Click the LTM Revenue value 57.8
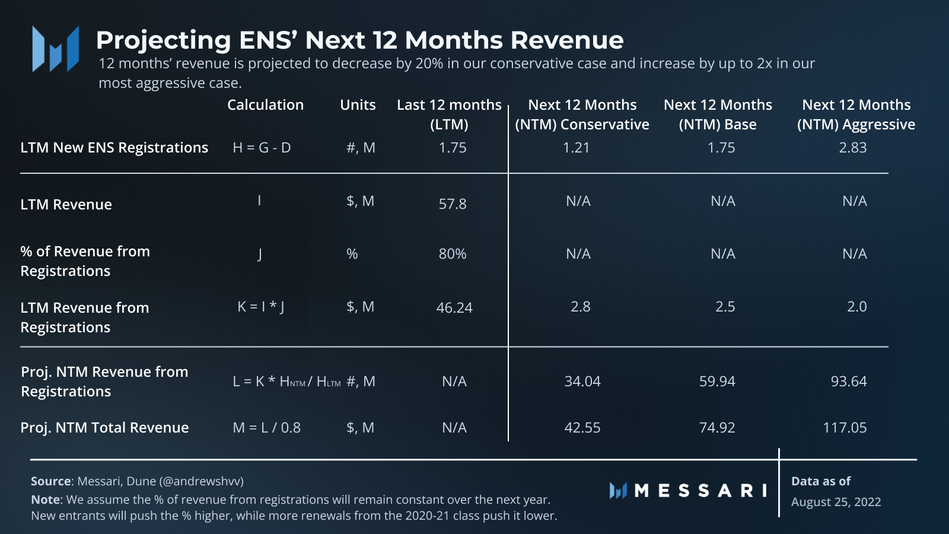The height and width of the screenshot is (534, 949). (x=453, y=204)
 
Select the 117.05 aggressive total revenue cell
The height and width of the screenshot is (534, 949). (x=845, y=428)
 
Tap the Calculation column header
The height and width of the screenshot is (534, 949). (x=265, y=105)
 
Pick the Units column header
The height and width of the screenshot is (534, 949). (x=358, y=105)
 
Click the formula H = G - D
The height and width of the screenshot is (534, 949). (x=262, y=148)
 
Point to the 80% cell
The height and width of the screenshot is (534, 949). (x=453, y=254)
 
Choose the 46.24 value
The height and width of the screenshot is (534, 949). (x=454, y=308)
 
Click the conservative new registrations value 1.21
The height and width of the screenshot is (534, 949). (x=576, y=148)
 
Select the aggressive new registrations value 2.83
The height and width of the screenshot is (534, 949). (x=852, y=148)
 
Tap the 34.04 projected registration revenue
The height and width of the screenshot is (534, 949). (x=582, y=382)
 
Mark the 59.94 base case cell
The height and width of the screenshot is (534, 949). (x=717, y=382)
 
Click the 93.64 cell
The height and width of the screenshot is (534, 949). (x=849, y=382)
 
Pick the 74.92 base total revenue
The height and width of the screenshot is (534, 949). (x=717, y=428)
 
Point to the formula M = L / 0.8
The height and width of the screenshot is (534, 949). (x=266, y=428)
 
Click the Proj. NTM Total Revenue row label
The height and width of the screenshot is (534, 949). (x=104, y=428)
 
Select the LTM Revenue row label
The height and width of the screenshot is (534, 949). (x=66, y=205)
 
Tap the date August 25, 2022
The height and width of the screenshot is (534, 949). (x=836, y=502)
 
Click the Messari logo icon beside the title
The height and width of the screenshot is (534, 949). (x=56, y=49)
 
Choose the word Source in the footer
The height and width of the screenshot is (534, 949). (x=51, y=481)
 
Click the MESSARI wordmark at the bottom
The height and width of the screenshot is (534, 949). (x=700, y=491)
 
